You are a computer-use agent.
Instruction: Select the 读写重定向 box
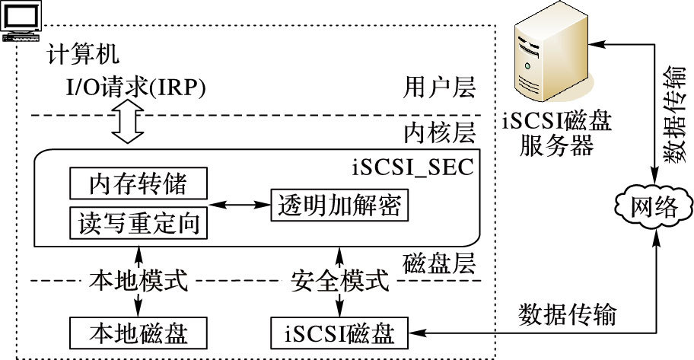tap(138, 222)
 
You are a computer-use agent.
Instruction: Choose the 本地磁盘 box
tap(138, 333)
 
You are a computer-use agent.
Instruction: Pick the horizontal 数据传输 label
tap(568, 314)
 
